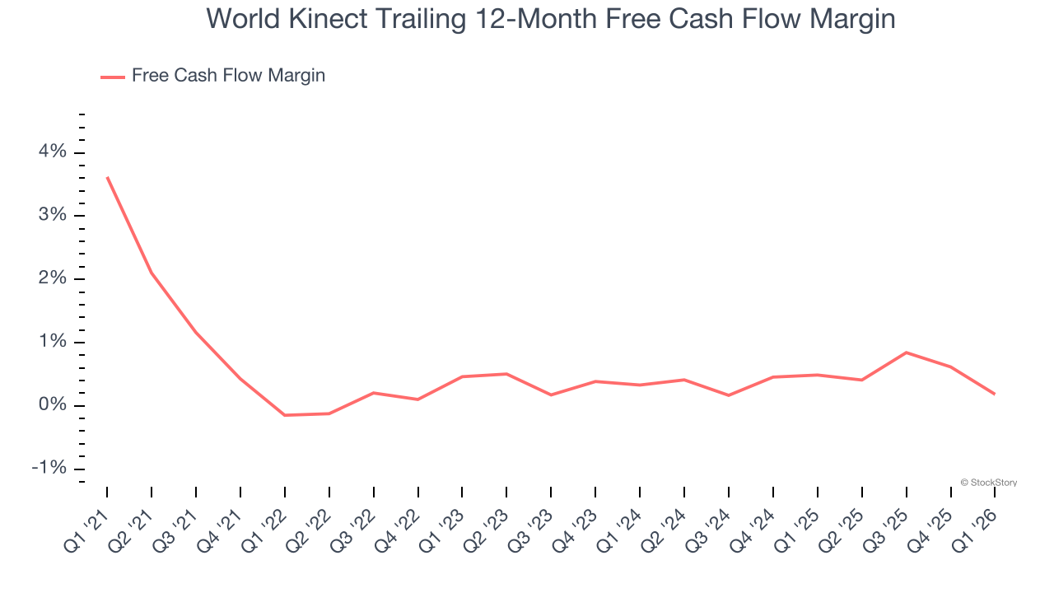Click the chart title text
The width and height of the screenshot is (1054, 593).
pos(550,18)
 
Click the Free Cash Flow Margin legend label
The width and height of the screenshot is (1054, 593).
pos(228,76)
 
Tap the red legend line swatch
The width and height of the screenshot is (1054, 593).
pos(112,77)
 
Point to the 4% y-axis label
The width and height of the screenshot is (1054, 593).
pos(51,152)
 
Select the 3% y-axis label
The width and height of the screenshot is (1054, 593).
pos(51,216)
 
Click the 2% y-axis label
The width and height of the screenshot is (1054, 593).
pos(51,279)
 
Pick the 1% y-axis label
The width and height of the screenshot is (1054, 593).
pos(51,343)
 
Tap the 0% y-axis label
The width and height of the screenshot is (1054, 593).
pos(51,405)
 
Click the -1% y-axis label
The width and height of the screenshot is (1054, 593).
pos(48,469)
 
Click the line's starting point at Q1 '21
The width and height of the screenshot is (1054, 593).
pos(107,177)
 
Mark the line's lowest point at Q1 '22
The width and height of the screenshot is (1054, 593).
pos(285,415)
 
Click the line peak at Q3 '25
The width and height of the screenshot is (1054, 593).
pos(906,353)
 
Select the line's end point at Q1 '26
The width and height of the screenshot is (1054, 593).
pos(995,394)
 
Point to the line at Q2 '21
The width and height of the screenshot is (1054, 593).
pos(152,273)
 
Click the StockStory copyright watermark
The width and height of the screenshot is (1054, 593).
pos(988,483)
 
